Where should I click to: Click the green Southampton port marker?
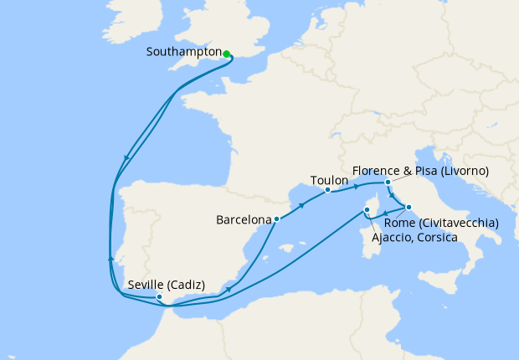(227, 54)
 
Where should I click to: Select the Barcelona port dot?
(277, 219)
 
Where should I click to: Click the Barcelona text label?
(244, 220)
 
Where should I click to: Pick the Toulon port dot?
(327, 191)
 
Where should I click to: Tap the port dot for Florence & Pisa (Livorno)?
(388, 182)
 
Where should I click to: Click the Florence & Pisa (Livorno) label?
(420, 170)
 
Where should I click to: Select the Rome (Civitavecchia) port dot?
(409, 206)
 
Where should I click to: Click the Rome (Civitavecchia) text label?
(441, 223)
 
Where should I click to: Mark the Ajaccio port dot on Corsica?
(367, 210)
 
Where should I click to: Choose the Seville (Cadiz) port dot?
(159, 296)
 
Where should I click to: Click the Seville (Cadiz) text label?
(166, 284)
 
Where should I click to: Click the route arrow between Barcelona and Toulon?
(301, 205)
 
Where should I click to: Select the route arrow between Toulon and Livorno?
(357, 183)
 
